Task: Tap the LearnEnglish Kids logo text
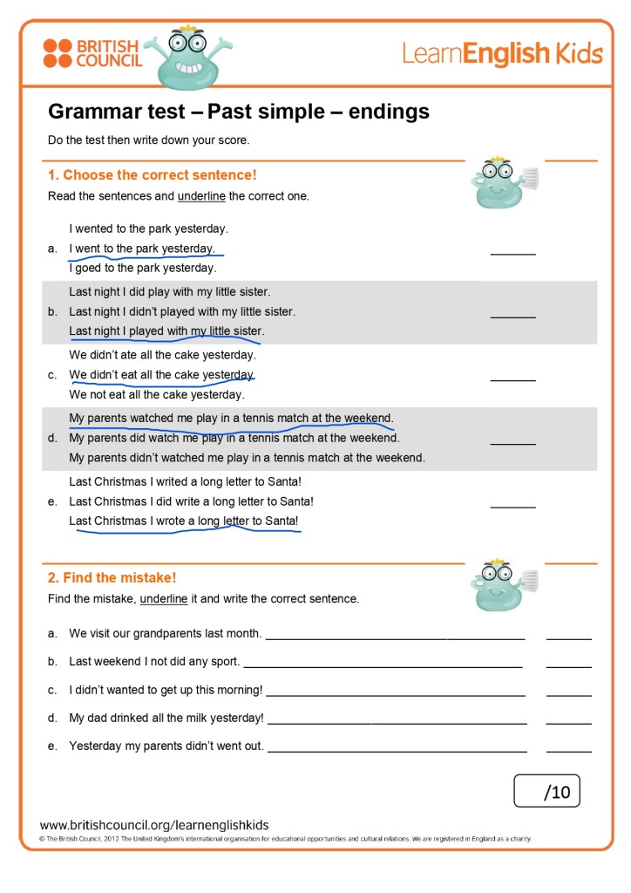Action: pos(502,54)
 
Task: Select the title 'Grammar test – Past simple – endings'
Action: pos(239,112)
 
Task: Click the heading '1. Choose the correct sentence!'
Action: pos(153,175)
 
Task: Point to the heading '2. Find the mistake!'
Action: pos(112,577)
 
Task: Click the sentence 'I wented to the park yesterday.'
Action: pos(148,229)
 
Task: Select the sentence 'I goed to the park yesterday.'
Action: pos(142,268)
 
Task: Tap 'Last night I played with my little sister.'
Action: pos(166,331)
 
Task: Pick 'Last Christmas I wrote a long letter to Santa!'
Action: pos(184,521)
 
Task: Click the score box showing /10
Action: pos(546,791)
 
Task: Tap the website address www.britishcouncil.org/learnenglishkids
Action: pos(154,825)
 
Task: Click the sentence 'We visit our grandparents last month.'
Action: pos(165,634)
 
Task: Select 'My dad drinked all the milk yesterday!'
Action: pos(166,718)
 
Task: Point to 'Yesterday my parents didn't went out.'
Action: pos(166,746)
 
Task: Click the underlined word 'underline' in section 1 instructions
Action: pos(201,196)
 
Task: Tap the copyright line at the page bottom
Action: pos(285,839)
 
